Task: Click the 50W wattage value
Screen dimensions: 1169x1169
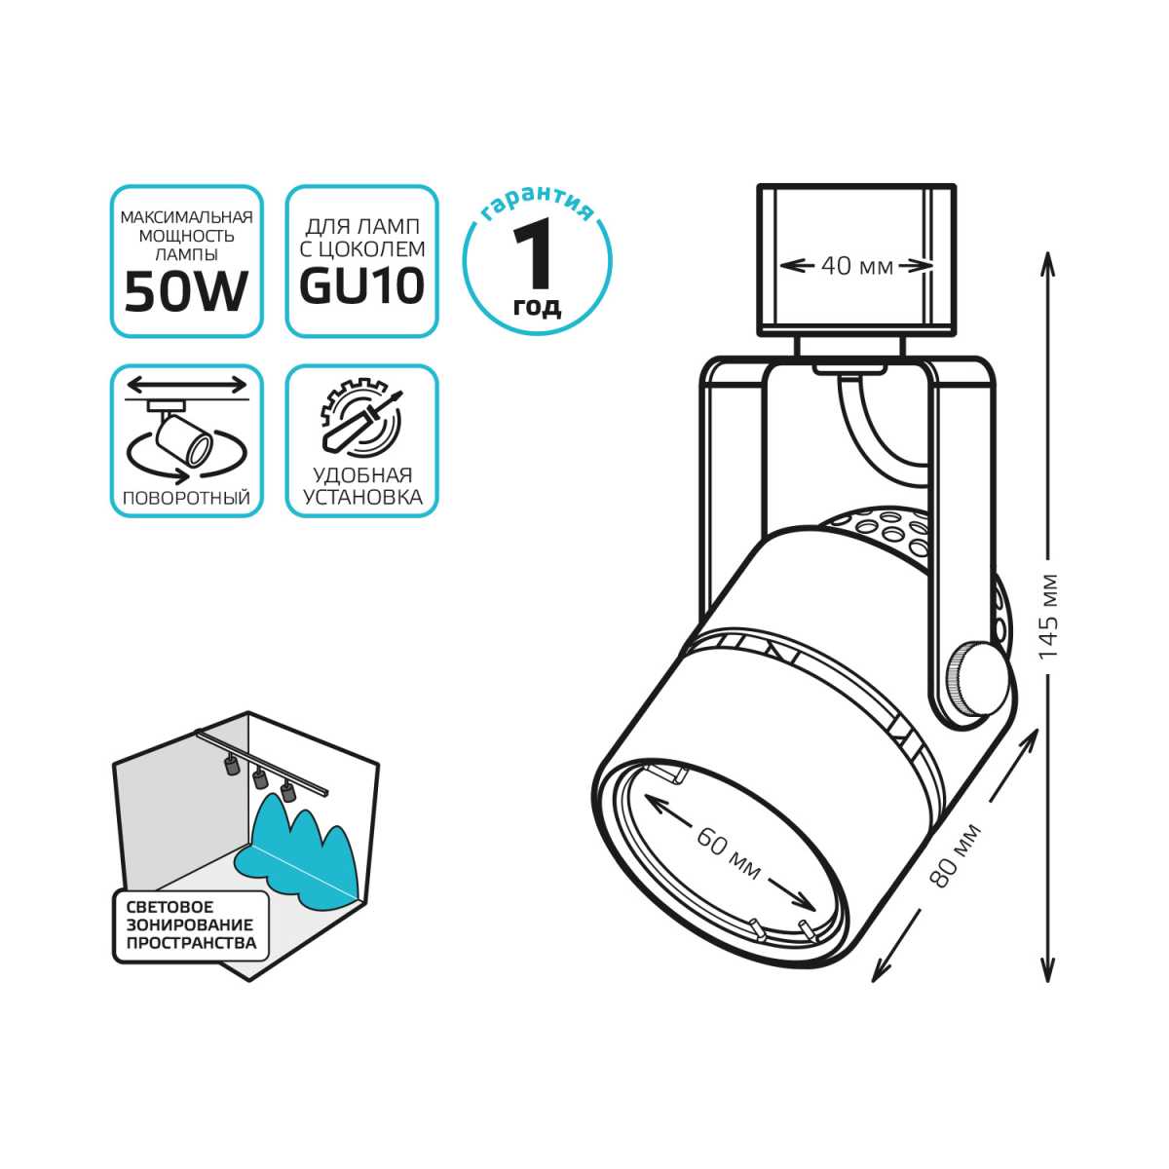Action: [x=186, y=291]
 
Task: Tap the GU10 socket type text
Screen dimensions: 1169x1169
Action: [x=361, y=286]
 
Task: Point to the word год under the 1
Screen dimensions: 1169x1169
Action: [x=537, y=308]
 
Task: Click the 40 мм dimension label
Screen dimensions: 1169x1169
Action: [x=856, y=265]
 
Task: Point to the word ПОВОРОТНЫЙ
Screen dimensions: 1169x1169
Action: [x=186, y=498]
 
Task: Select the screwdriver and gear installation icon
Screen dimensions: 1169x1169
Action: [x=361, y=421]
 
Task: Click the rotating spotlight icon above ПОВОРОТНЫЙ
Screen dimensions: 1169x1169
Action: [x=186, y=434]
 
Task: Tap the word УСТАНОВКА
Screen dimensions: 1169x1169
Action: [x=361, y=498]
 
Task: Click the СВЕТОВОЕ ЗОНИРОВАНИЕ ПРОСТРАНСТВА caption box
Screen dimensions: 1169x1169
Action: [x=190, y=925]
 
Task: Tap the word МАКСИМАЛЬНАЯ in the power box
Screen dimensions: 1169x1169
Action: [x=186, y=217]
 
